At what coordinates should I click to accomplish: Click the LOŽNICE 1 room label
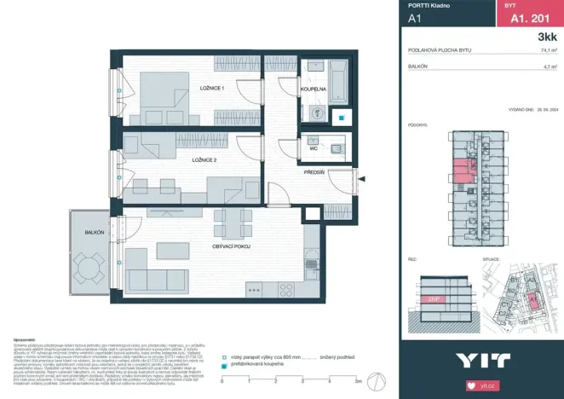[x=212, y=89]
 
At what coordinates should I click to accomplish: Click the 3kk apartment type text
[x=547, y=38]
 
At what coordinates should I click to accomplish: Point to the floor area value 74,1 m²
[x=548, y=50]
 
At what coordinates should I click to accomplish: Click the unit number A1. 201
[x=527, y=16]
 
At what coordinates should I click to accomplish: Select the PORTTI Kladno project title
[x=425, y=5]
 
